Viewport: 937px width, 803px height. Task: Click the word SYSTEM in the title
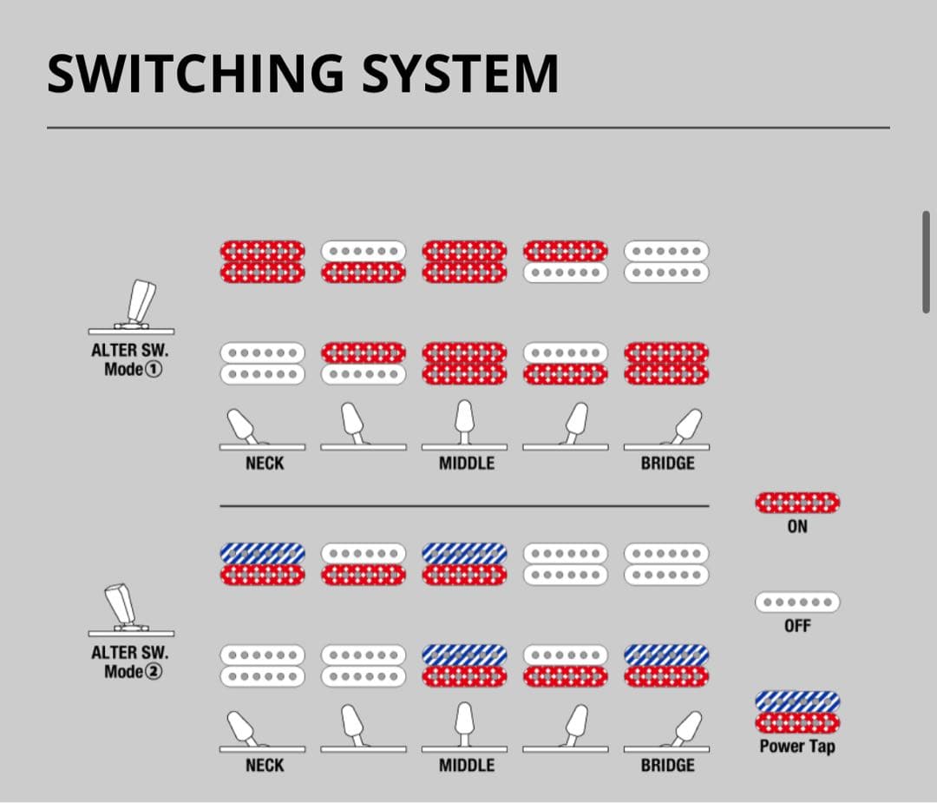[460, 74]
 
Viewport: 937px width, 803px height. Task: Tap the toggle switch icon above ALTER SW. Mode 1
[132, 307]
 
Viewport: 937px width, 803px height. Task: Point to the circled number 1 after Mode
[156, 369]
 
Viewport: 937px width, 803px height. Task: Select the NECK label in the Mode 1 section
[264, 464]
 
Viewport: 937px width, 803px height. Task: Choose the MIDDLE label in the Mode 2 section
[466, 766]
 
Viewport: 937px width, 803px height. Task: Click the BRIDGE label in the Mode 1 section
[667, 464]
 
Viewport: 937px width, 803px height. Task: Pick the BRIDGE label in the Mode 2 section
[667, 766]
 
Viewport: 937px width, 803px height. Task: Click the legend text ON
[797, 526]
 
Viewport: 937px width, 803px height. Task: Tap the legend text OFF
[797, 625]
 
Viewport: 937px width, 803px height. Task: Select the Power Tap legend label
[797, 746]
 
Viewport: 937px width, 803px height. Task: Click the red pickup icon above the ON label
[797, 503]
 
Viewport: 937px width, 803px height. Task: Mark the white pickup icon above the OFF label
[797, 602]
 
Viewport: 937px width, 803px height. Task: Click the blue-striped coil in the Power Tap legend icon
[797, 701]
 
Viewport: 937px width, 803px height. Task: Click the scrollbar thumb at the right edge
[927, 260]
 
